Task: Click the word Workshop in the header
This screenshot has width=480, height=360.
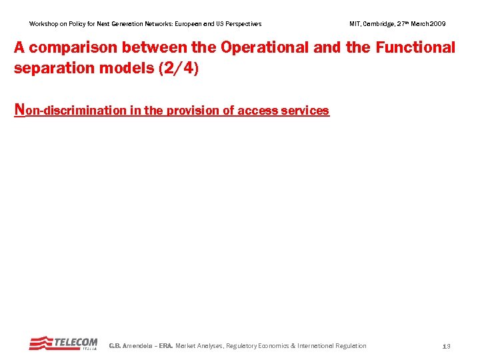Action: pos(43,24)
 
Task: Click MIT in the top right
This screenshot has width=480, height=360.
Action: pos(355,24)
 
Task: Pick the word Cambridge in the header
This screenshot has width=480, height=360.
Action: pos(376,24)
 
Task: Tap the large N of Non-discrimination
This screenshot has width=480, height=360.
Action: pos(19,110)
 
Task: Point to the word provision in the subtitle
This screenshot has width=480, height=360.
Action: pos(193,111)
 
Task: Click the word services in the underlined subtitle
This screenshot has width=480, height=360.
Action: pos(305,111)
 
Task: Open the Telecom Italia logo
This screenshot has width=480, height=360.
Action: pos(63,343)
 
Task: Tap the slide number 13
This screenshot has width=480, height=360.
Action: pos(447,346)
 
